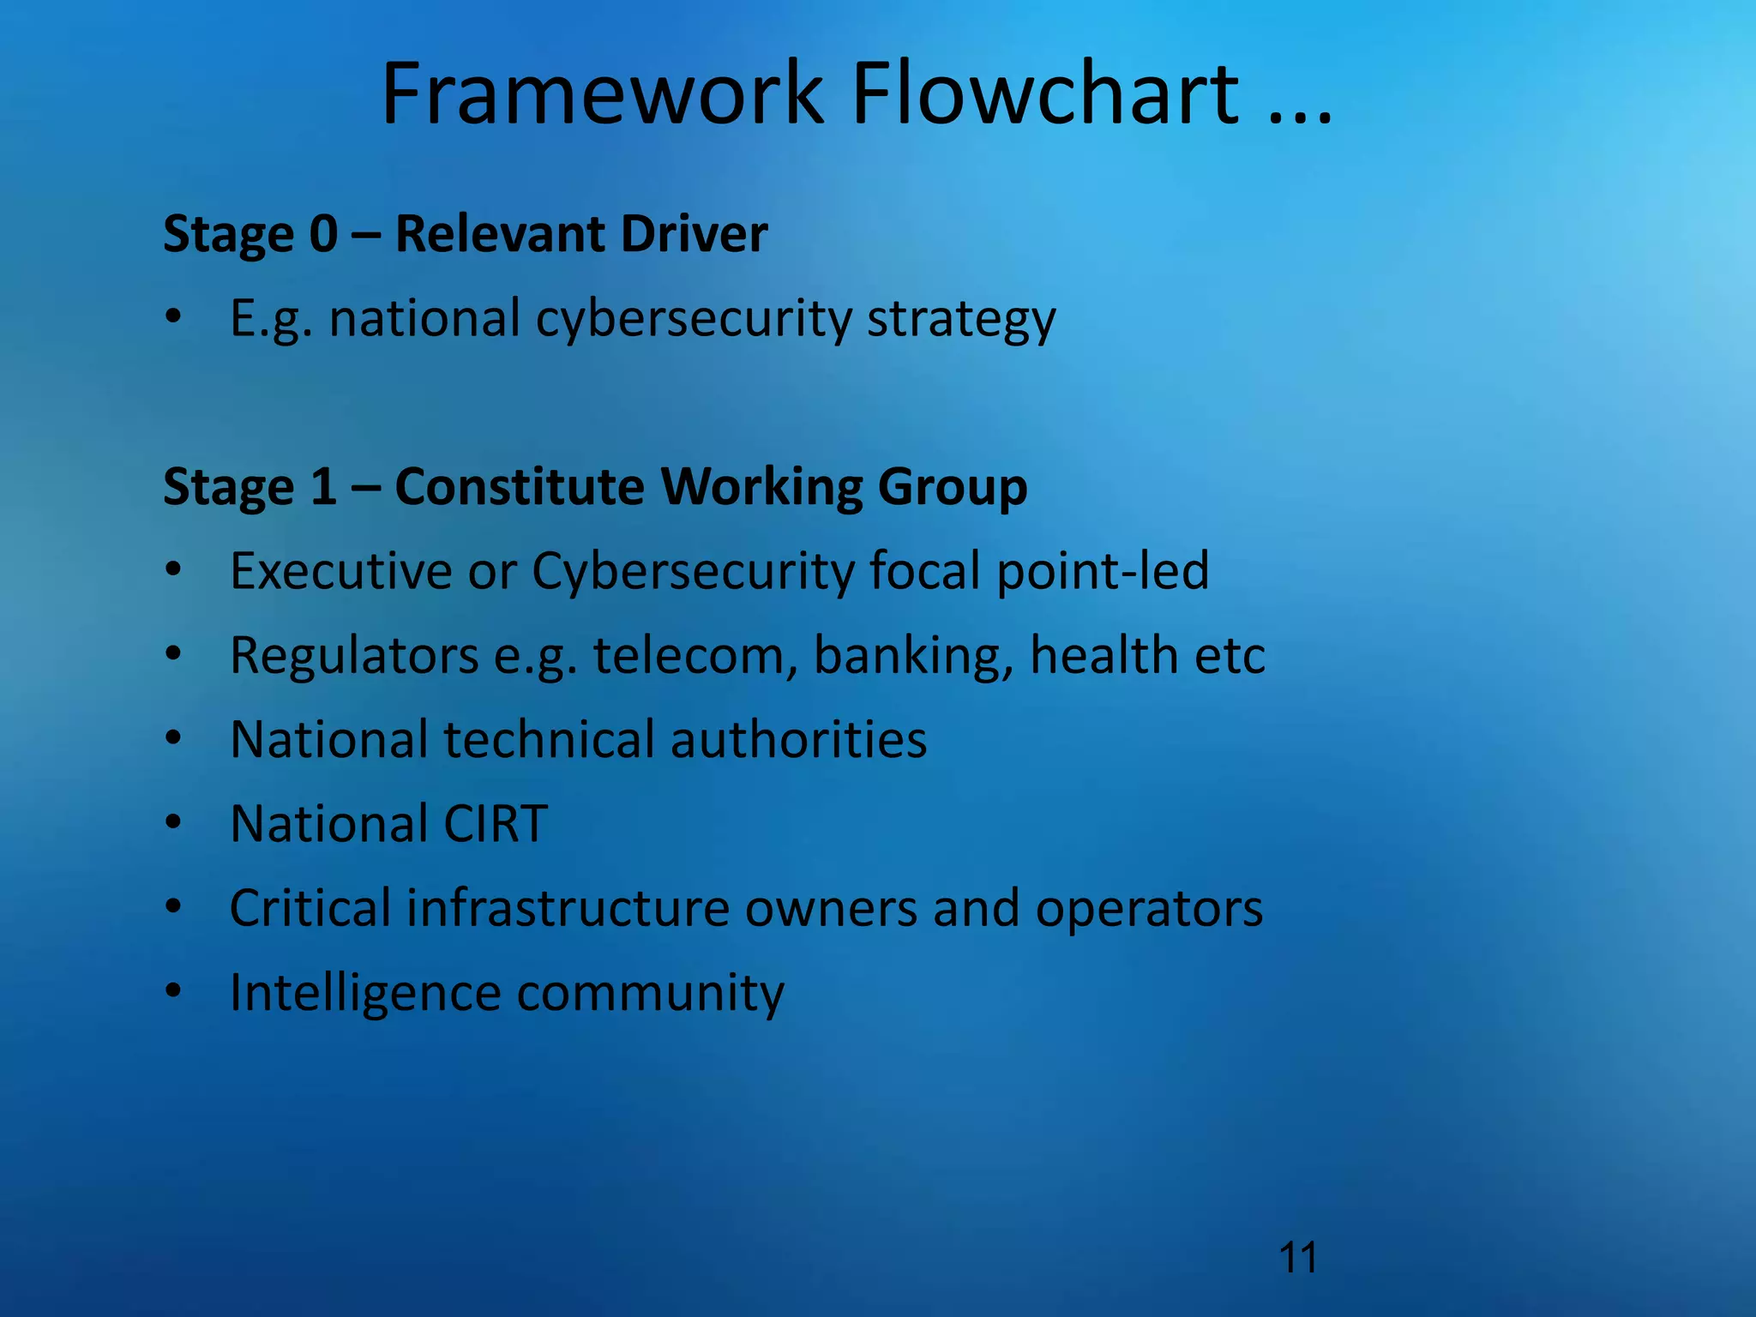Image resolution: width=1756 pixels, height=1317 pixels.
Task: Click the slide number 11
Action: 1297,1259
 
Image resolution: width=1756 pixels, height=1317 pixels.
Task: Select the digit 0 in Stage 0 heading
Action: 323,234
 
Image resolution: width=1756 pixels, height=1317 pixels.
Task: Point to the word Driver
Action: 694,234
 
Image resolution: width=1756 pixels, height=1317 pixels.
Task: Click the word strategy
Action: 961,319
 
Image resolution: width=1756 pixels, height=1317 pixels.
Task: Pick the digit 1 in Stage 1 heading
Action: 323,487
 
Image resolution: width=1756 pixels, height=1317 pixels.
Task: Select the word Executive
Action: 341,571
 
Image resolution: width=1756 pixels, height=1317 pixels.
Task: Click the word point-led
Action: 1103,571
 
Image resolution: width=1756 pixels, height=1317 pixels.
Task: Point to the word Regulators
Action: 354,656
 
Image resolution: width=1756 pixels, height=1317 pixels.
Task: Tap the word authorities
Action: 798,740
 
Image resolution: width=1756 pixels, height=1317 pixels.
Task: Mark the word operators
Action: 1149,910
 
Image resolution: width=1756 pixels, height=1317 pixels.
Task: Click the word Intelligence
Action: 365,994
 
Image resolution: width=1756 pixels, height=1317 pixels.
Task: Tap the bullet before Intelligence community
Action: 174,991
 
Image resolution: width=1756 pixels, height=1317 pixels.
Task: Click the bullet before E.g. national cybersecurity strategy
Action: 174,316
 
